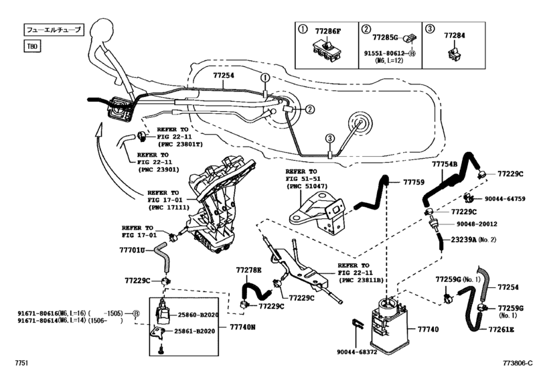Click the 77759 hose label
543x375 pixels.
pyautogui.click(x=413, y=181)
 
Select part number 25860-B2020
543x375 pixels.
pyautogui.click(x=196, y=314)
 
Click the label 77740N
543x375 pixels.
pyautogui.click(x=244, y=327)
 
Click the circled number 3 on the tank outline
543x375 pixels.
pyautogui.click(x=329, y=138)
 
